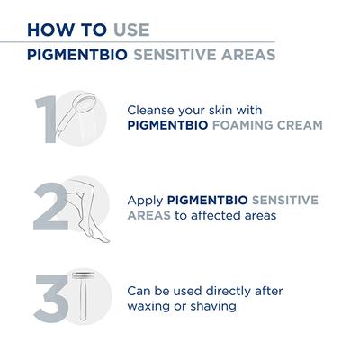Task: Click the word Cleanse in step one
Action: click(x=153, y=105)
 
